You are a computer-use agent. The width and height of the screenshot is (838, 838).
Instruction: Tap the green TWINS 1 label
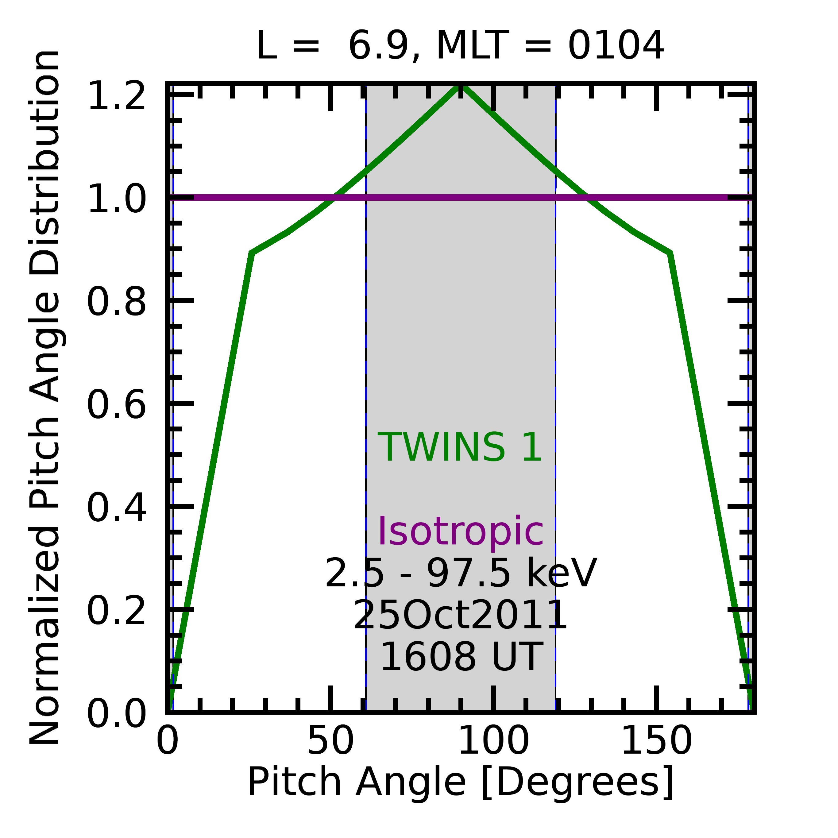460,448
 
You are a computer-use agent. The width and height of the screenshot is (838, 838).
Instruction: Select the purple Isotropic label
461,532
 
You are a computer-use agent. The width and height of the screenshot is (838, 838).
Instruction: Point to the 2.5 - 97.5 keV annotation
461,573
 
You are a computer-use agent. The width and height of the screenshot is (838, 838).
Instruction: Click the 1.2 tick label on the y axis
116,95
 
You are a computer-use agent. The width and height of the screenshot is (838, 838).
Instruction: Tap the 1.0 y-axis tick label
116,198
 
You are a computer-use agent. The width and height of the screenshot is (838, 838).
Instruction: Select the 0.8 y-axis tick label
116,301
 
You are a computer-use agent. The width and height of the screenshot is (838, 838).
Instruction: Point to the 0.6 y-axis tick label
116,404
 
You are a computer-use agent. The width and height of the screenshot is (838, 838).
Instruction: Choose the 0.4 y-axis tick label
116,507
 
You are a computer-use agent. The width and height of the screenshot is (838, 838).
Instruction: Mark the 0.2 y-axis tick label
116,609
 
